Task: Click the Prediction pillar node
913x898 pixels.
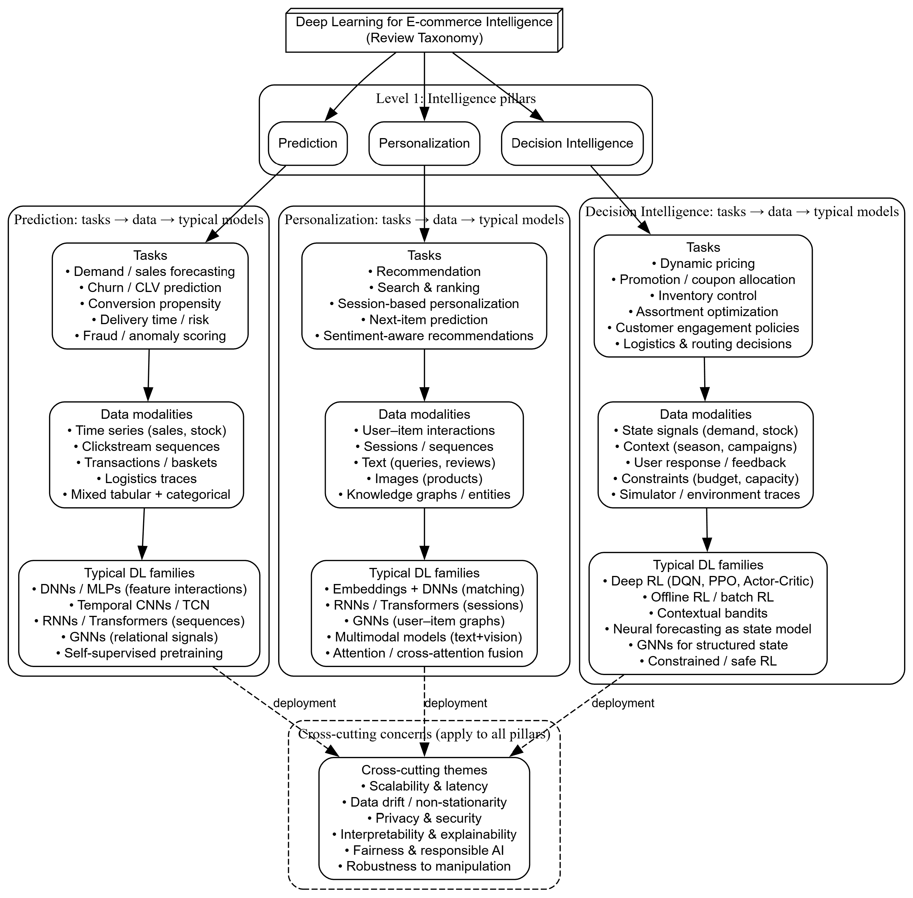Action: (x=308, y=143)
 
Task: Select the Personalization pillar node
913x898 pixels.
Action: (x=424, y=143)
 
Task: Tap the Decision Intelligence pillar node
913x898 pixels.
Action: (x=572, y=143)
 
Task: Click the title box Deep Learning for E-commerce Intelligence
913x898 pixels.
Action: (x=424, y=30)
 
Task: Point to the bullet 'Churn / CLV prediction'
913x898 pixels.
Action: (x=150, y=288)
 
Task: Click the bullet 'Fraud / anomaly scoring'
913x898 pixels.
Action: (x=150, y=336)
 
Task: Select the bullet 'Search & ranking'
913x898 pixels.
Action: (x=424, y=288)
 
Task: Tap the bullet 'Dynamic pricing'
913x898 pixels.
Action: (x=703, y=264)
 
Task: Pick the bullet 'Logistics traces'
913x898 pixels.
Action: (x=147, y=479)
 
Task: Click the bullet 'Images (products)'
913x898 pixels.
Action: (x=424, y=479)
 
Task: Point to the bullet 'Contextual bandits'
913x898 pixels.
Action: (x=708, y=613)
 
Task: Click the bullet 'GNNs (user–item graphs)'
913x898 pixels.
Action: (x=424, y=621)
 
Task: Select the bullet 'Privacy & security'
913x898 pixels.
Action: (x=424, y=818)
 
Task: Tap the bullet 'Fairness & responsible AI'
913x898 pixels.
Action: (x=424, y=850)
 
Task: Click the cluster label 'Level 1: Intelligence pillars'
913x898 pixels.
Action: (x=456, y=99)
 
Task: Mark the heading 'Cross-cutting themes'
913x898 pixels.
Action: (x=424, y=770)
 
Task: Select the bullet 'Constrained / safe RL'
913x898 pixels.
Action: (x=708, y=661)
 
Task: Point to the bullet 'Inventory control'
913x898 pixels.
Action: (x=703, y=296)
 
